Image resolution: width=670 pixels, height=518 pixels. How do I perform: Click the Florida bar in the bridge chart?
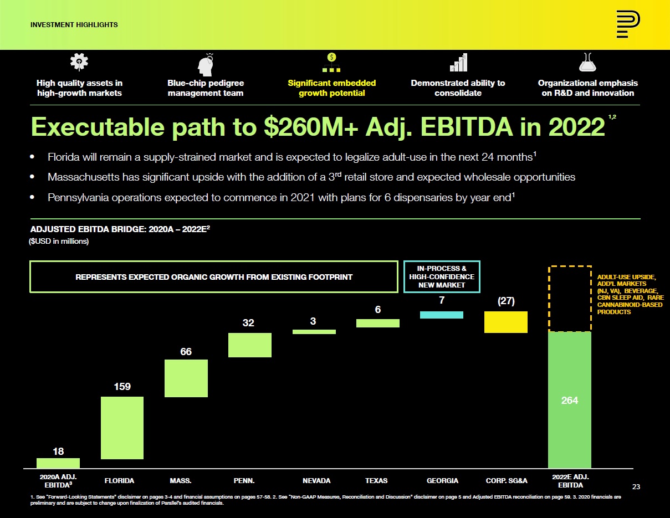122,428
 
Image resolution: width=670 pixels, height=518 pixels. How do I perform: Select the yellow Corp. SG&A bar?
505,322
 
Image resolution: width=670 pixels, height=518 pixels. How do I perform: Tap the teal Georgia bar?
442,315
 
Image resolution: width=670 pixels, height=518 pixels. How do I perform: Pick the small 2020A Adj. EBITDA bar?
58,463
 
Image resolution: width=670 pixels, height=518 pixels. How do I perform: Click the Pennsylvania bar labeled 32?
250,345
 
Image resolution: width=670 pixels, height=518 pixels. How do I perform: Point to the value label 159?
122,386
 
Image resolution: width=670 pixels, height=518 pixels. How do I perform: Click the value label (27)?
505,301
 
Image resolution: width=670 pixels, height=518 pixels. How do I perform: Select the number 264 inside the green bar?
570,400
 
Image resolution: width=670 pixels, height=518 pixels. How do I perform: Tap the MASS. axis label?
181,480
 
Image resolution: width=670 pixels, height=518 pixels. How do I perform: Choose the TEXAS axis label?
376,480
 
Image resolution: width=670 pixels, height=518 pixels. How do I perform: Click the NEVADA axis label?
316,480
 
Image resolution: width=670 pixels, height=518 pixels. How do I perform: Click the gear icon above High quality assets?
79,63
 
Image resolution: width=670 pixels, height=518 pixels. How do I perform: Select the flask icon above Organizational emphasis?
587,63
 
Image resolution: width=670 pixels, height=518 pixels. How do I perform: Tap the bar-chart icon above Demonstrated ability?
458,63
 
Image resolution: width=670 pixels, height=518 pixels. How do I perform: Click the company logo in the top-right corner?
628,25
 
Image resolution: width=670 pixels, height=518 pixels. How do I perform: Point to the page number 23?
636,486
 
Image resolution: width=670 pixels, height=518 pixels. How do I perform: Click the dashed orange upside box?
570,299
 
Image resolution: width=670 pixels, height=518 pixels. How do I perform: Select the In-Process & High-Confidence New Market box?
442,276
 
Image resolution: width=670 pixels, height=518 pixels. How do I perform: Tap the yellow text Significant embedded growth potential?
331,88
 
